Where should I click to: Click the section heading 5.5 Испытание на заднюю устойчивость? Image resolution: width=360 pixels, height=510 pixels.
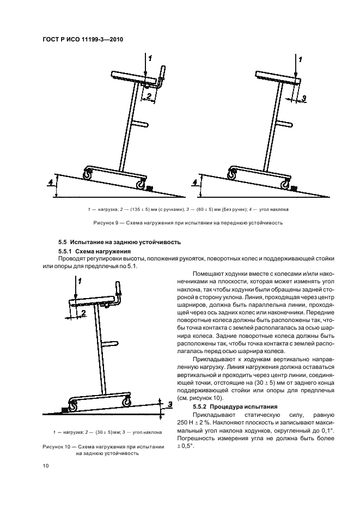point(119,241)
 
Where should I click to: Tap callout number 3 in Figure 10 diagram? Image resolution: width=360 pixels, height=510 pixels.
point(169,405)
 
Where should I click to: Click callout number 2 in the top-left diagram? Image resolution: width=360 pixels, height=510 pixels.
point(147,96)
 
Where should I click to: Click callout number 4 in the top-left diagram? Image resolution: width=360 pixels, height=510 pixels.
point(50,181)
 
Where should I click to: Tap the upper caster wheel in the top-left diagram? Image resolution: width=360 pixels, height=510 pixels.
point(87,174)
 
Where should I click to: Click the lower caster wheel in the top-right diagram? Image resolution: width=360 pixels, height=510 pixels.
point(284,185)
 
